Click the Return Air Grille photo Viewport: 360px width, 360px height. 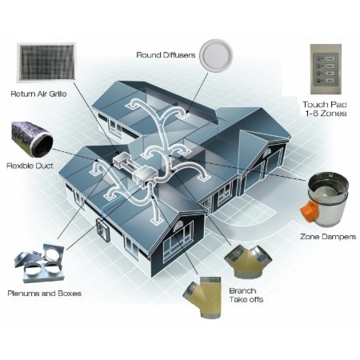46,62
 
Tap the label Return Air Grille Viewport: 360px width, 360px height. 38,94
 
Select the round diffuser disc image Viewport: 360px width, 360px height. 216,55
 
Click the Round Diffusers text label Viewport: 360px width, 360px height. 166,55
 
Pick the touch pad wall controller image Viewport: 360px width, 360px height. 326,70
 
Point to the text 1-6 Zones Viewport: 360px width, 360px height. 326,114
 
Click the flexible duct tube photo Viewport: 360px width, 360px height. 32,140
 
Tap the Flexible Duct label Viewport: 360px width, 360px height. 30,166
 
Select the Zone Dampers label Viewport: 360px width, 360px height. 328,237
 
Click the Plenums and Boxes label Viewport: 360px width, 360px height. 44,294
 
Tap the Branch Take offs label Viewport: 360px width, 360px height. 246,295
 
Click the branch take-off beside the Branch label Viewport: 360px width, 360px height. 248,262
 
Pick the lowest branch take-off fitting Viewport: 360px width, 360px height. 202,297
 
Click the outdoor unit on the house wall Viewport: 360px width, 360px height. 102,230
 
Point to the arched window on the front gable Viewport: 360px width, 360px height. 178,226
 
